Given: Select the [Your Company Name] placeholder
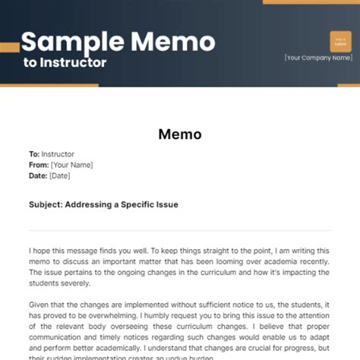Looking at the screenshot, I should tap(318, 57).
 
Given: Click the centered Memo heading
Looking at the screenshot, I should tap(180, 134).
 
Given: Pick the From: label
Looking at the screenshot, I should tap(38, 164).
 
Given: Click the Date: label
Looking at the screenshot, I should tap(38, 175).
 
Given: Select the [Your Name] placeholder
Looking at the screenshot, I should tap(71, 164).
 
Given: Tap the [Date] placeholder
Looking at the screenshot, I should tap(59, 175).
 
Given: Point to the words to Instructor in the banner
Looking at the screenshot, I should tap(65, 62).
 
